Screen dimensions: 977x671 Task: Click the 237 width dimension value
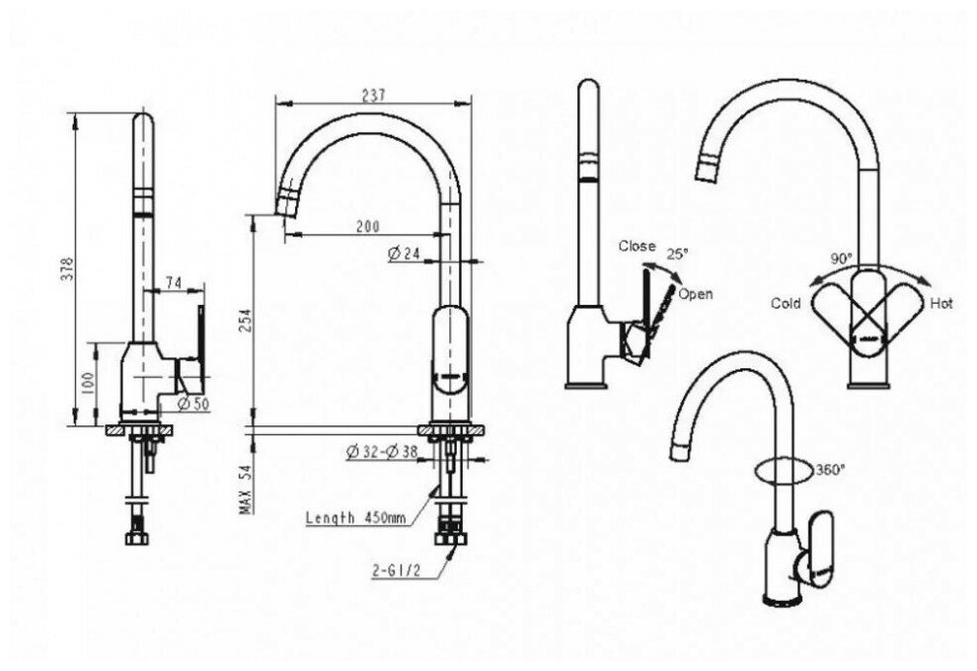372,95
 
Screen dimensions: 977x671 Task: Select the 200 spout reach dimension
367,226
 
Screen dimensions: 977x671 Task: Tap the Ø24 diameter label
405,254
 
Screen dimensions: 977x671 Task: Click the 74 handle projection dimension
174,283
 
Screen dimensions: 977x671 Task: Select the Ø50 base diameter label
193,404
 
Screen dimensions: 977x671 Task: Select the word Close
639,246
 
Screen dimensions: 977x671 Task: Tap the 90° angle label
841,259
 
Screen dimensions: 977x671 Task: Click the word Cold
786,303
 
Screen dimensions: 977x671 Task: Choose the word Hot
941,303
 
